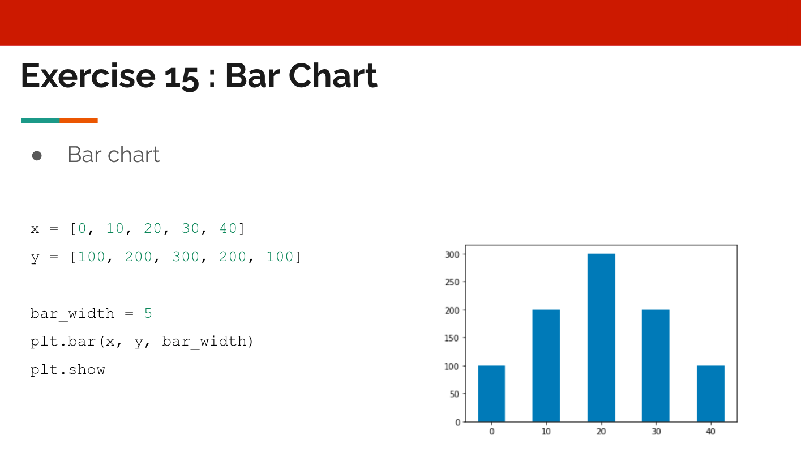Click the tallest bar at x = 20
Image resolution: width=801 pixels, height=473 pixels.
pos(601,338)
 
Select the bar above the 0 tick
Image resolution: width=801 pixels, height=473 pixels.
pos(491,394)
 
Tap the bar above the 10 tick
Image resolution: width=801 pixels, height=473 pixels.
pos(546,365)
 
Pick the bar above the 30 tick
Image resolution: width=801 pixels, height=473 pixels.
pos(656,365)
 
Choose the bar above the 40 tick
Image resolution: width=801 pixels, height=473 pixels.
pos(710,394)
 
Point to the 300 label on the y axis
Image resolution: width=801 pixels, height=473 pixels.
pos(452,254)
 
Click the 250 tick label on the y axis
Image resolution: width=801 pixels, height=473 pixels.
pos(452,282)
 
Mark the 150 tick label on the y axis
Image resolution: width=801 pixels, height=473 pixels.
pos(452,338)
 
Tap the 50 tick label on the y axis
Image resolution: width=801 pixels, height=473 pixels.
pos(454,394)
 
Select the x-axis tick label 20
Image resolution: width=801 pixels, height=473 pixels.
pos(601,432)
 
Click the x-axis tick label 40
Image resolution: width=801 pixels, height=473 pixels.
pos(710,432)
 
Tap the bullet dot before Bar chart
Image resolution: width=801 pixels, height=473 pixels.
pos(37,155)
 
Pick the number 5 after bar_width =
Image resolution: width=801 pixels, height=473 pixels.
pos(148,313)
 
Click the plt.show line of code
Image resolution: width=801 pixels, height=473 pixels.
pos(68,370)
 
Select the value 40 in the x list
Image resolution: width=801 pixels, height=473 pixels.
pos(228,229)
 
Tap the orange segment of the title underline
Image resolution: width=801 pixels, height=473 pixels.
pos(79,121)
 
